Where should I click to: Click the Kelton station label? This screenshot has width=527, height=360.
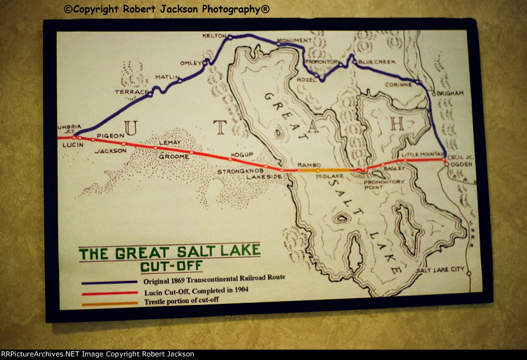[212, 36]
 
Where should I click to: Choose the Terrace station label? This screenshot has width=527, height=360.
[131, 92]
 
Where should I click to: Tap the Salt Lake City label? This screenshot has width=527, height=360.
[440, 270]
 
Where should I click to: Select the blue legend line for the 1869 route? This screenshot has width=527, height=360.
[109, 282]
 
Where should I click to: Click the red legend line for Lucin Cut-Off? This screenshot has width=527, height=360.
[109, 293]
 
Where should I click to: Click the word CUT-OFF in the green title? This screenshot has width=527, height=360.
[171, 267]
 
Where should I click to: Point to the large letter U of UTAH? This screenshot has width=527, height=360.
[131, 127]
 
